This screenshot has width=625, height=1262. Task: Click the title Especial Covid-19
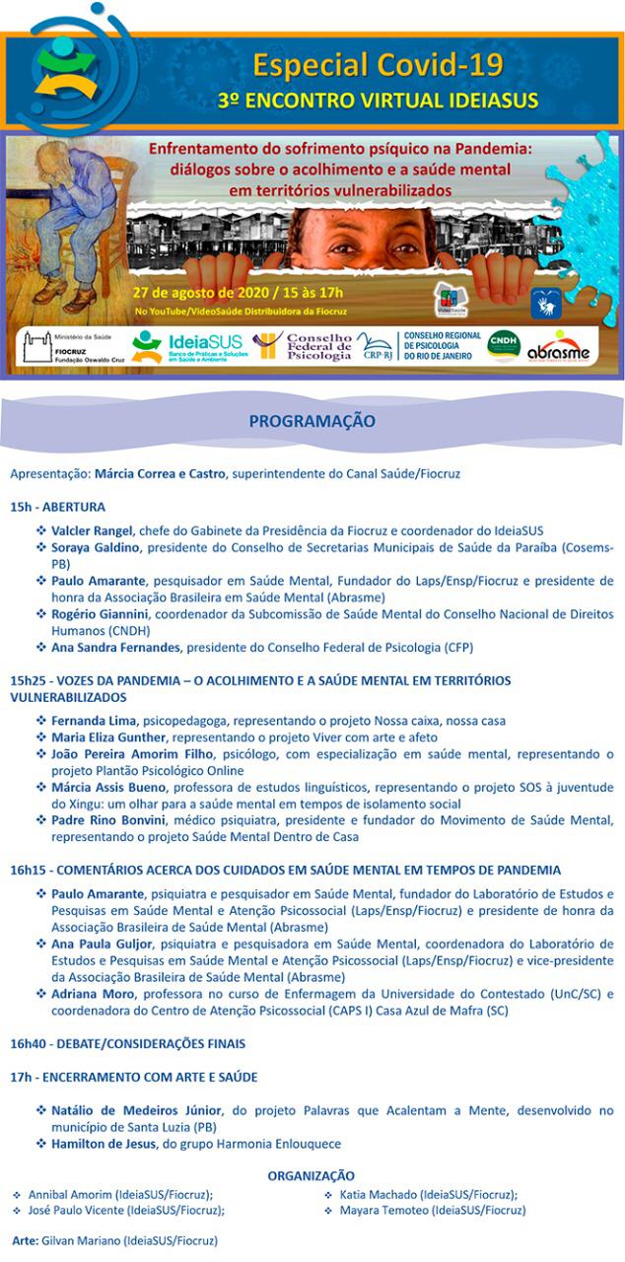click(379, 65)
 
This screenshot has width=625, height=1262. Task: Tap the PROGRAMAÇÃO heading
click(312, 421)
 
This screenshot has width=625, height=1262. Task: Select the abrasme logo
click(558, 347)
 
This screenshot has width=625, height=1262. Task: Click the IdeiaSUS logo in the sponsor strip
click(186, 347)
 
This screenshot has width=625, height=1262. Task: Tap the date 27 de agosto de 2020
click(200, 293)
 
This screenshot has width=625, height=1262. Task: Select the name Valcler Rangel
click(92, 530)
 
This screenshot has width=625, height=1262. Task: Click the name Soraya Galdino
click(97, 547)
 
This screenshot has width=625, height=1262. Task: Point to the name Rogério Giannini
click(99, 614)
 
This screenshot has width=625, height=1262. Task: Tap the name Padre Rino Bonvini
click(109, 820)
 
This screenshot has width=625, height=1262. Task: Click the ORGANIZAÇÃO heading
click(312, 1175)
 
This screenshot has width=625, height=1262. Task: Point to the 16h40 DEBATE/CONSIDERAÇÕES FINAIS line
click(128, 1043)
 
